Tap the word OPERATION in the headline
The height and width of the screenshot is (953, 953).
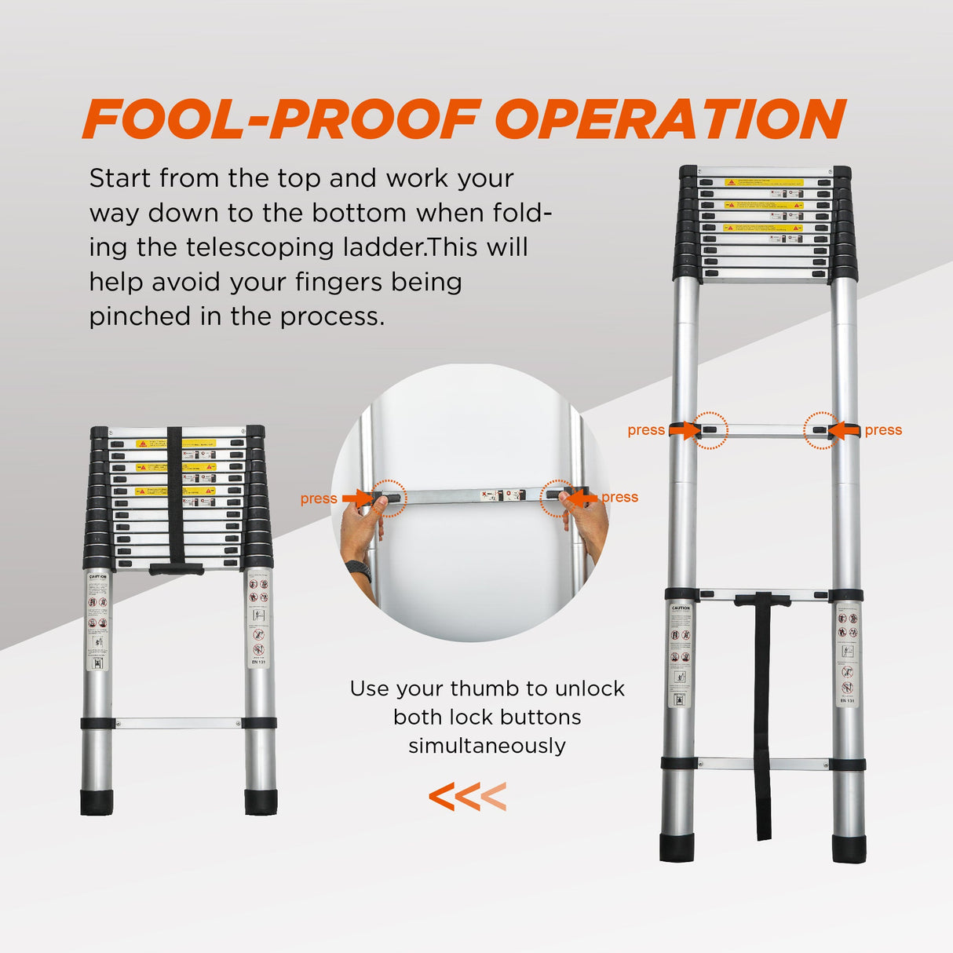click(670, 119)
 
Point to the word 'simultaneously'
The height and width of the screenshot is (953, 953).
click(487, 746)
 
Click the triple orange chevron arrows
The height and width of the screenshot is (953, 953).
click(467, 797)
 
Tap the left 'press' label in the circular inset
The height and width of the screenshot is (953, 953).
click(318, 498)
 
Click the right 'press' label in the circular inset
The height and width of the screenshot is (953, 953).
click(619, 497)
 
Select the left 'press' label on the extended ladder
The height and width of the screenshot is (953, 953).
click(645, 430)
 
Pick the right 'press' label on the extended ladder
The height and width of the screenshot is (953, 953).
click(883, 430)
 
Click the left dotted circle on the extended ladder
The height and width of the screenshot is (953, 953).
click(710, 430)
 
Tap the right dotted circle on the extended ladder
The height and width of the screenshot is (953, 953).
click(821, 430)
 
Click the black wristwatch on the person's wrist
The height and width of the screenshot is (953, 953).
click(359, 569)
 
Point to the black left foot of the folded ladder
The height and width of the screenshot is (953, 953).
click(97, 802)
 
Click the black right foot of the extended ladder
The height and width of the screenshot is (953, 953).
click(849, 849)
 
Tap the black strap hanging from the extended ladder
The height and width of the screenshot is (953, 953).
click(763, 722)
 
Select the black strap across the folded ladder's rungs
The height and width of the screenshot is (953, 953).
click(174, 495)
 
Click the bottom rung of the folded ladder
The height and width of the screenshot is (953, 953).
click(178, 723)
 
